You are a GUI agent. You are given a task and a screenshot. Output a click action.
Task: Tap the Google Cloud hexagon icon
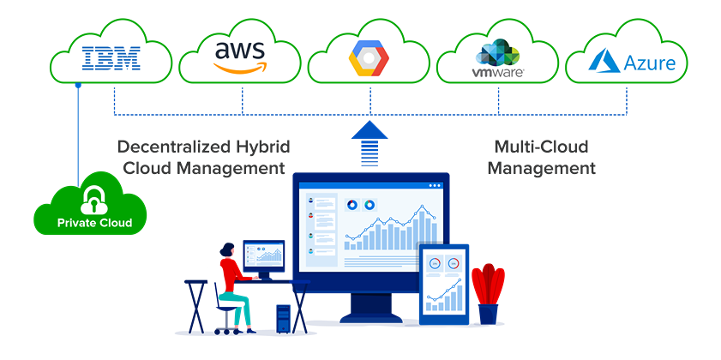click(370, 59)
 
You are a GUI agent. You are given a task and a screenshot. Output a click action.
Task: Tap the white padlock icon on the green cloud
click(91, 201)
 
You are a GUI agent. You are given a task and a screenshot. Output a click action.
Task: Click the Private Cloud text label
click(94, 224)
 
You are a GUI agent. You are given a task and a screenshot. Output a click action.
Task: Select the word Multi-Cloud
click(541, 147)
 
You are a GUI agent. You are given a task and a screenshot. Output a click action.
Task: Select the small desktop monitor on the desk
click(263, 255)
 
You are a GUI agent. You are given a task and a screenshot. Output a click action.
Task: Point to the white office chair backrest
click(216, 282)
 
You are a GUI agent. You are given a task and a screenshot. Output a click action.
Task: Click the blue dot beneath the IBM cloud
click(78, 86)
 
